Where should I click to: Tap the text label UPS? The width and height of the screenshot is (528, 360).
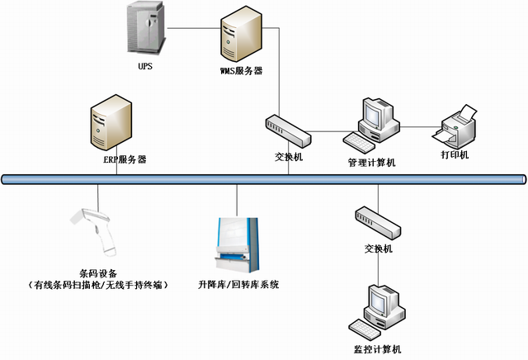tap(146, 64)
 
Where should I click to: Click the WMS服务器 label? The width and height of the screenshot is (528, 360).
tap(241, 72)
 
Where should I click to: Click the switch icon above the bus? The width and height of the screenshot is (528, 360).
tap(287, 130)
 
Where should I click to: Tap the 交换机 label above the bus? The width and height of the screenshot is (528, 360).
tap(288, 155)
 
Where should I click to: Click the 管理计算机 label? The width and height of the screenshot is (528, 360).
tap(371, 163)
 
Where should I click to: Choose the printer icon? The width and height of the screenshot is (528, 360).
tap(456, 126)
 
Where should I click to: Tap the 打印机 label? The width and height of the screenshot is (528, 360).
tap(455, 155)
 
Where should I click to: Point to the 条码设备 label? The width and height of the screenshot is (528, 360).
tap(99, 273)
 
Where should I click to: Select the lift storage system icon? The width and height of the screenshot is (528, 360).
tap(238, 242)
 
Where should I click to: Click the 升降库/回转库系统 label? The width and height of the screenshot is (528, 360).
tap(238, 285)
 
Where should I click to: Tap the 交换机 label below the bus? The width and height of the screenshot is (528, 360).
tap(378, 249)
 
